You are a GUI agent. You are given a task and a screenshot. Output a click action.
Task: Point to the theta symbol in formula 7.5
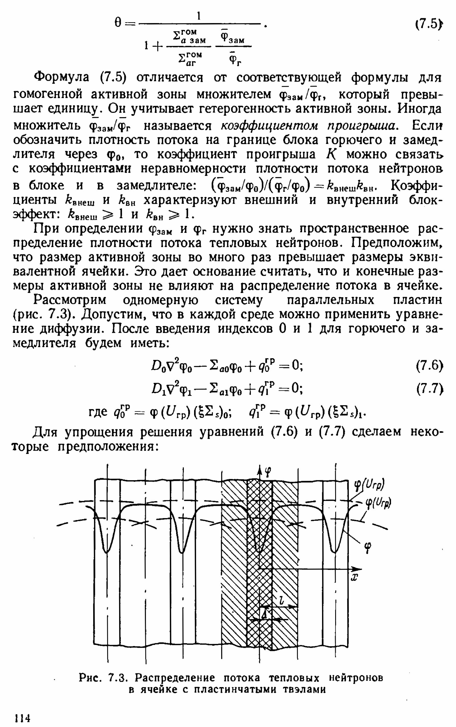click(118, 23)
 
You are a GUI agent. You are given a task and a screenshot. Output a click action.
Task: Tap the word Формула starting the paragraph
click(62, 78)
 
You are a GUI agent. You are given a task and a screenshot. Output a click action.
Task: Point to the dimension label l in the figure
click(281, 601)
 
